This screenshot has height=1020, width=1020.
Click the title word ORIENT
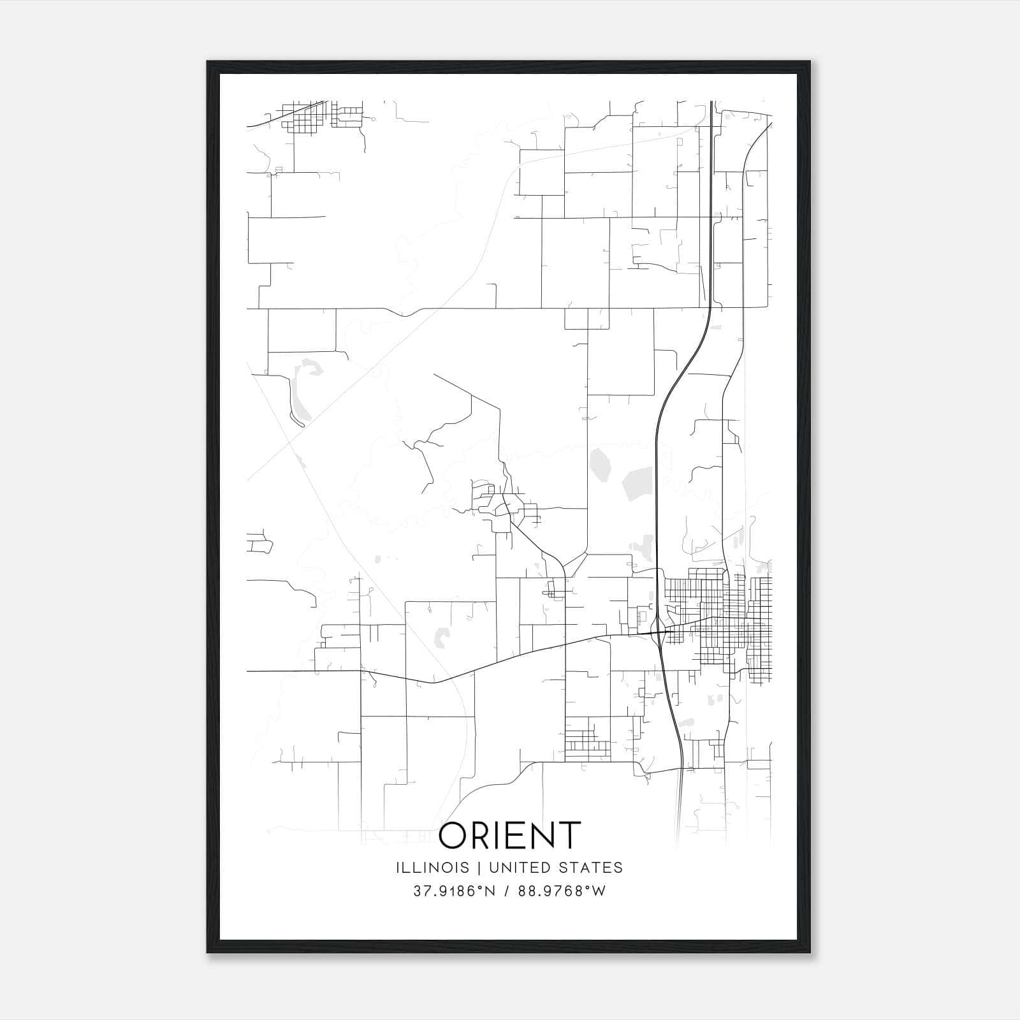(x=510, y=835)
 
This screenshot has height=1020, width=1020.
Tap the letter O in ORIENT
(x=454, y=835)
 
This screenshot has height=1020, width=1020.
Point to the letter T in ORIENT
(x=569, y=835)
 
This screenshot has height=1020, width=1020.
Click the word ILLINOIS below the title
(x=433, y=868)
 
